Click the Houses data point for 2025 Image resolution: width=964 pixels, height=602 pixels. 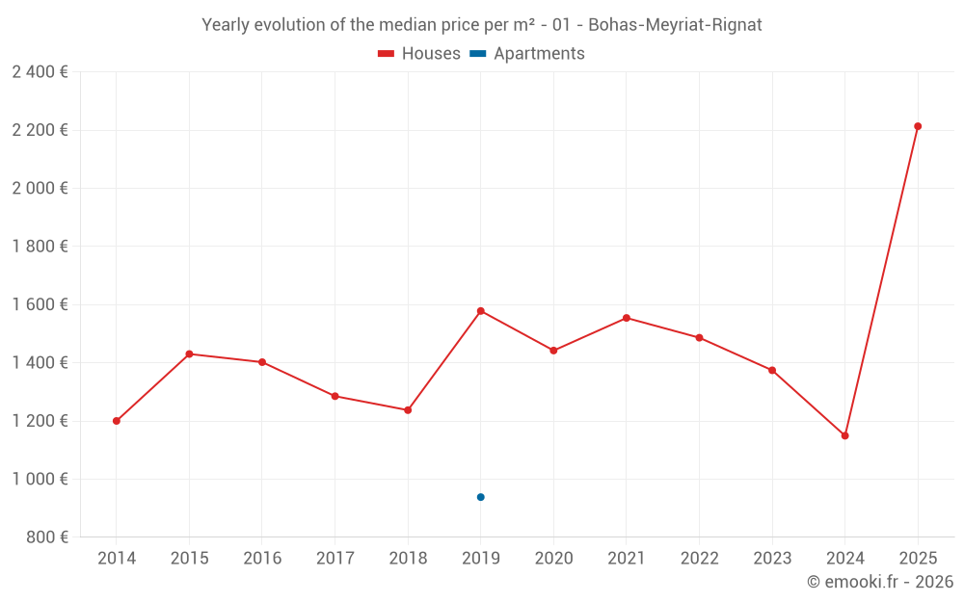tap(918, 126)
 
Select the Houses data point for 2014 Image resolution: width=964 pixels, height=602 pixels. tap(117, 421)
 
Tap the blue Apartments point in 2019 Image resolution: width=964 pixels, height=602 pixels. tap(480, 497)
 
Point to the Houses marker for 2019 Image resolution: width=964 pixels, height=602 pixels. tap(480, 311)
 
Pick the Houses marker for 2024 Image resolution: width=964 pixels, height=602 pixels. tap(844, 435)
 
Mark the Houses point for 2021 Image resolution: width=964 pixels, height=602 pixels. tap(627, 318)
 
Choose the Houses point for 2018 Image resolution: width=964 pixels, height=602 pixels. tap(408, 410)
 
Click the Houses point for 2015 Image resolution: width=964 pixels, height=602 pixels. tap(189, 354)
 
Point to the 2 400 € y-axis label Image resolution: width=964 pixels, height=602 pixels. tap(40, 72)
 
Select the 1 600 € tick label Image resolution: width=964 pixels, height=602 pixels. tap(40, 304)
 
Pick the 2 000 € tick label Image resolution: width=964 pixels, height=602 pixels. tap(40, 188)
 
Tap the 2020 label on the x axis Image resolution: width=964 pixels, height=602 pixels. tap(553, 559)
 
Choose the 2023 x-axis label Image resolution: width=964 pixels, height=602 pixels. tap(772, 559)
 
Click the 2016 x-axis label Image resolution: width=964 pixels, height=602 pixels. tap(262, 559)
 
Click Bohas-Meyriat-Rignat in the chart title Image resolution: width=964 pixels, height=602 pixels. tap(675, 25)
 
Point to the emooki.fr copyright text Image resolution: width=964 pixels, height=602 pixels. tap(880, 582)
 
